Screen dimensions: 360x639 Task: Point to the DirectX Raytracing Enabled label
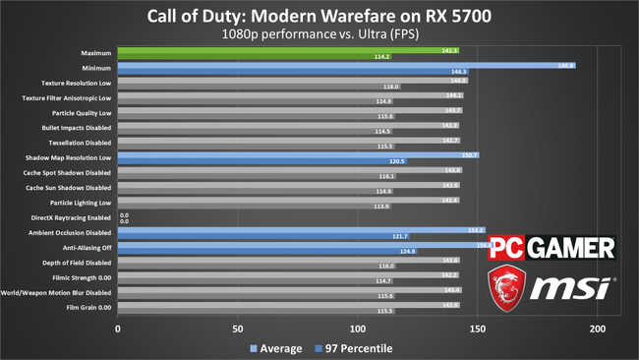coord(72,217)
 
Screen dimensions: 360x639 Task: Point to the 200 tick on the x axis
coord(597,330)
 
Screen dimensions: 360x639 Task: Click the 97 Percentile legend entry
coord(352,347)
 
